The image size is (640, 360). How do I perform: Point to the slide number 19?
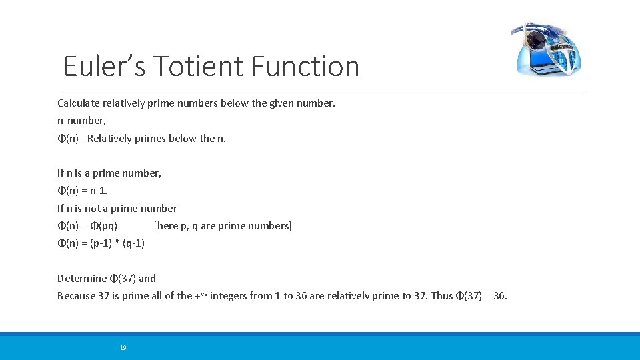pyautogui.click(x=123, y=347)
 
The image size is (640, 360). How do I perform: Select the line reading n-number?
pyautogui.click(x=81, y=121)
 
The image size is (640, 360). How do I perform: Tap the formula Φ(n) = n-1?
pyautogui.click(x=82, y=191)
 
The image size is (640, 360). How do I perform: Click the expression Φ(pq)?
pyautogui.click(x=103, y=225)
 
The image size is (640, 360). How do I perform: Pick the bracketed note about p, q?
pyautogui.click(x=223, y=225)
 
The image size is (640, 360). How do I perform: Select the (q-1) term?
pyautogui.click(x=134, y=243)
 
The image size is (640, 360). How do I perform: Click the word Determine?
pyautogui.click(x=82, y=278)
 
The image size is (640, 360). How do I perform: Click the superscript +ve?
pyautogui.click(x=201, y=294)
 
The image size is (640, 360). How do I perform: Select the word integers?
pyautogui.click(x=227, y=295)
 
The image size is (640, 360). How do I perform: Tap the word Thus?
pyautogui.click(x=442, y=295)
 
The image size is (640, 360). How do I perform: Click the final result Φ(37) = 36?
pyautogui.click(x=481, y=295)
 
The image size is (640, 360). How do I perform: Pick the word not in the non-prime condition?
pyautogui.click(x=99, y=208)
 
